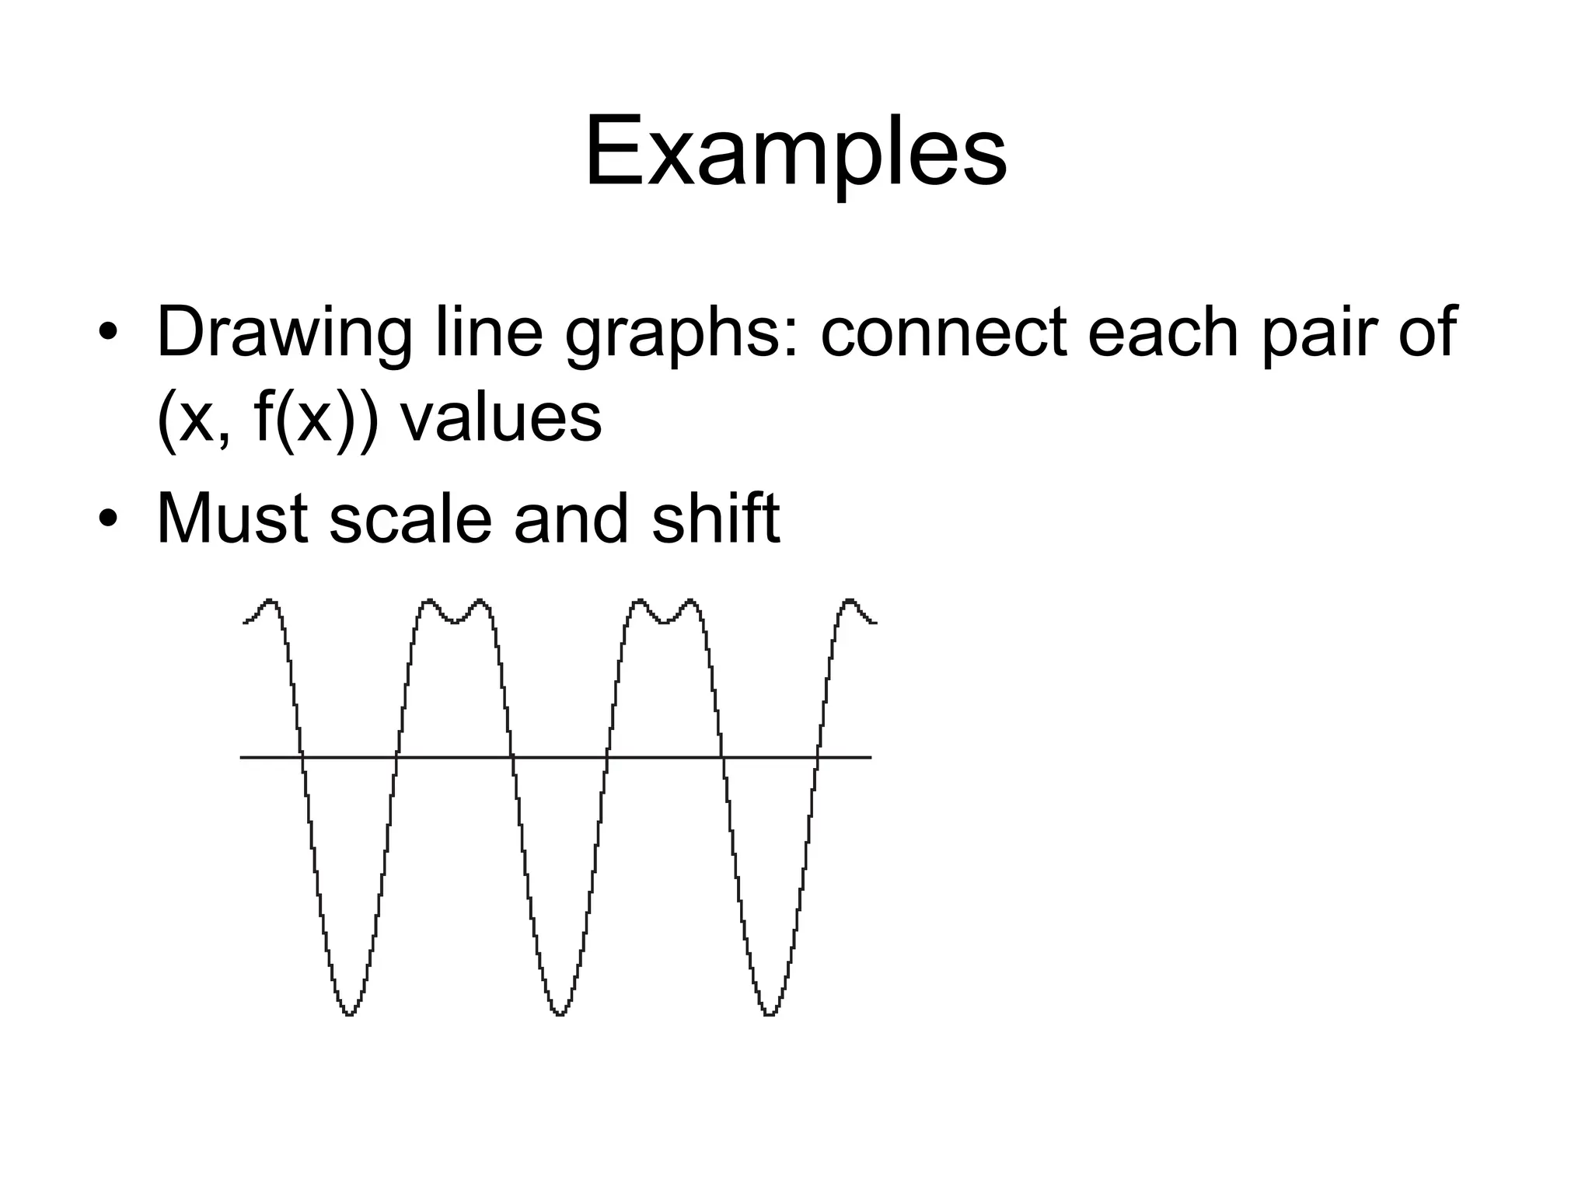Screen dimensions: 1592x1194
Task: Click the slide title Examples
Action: tap(795, 152)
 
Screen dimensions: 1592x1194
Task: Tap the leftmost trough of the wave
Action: tap(349, 1013)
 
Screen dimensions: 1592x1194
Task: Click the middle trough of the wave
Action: tap(560, 1013)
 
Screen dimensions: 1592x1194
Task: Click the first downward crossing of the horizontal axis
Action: tap(302, 756)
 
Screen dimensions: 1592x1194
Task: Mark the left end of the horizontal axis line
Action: tap(242, 756)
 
